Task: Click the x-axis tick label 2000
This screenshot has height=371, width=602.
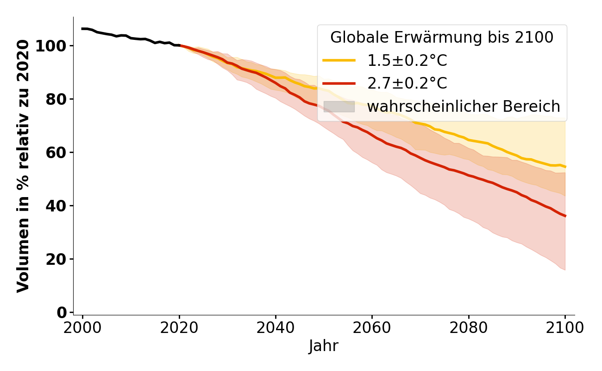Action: click(82, 327)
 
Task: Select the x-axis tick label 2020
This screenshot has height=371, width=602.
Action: click(179, 327)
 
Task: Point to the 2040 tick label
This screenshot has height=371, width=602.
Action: click(275, 327)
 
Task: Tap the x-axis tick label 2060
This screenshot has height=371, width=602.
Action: click(372, 327)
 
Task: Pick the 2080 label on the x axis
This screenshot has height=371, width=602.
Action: click(468, 327)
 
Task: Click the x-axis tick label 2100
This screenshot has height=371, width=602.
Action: click(564, 327)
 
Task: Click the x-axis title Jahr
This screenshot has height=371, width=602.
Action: click(323, 346)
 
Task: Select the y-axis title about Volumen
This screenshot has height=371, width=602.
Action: click(23, 166)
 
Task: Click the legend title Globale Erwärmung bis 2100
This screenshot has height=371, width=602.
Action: click(442, 38)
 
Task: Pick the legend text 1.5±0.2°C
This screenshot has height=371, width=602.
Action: click(407, 61)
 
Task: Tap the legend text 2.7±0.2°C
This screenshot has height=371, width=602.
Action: click(407, 83)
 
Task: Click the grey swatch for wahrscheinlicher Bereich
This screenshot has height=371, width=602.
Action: click(339, 107)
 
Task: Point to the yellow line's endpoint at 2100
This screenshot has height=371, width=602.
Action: click(565, 166)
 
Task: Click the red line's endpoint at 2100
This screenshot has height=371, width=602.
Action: click(565, 216)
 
